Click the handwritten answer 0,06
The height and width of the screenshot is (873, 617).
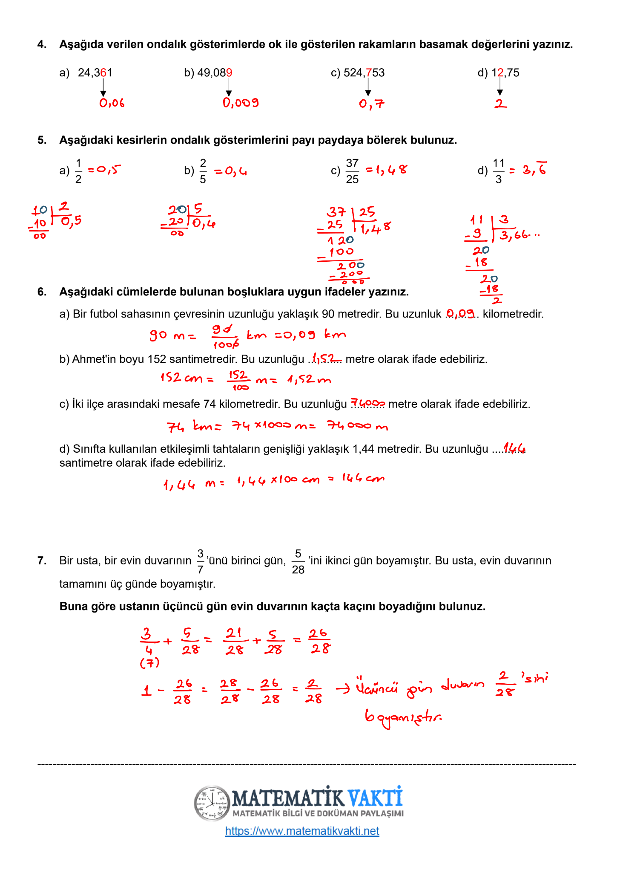(112, 103)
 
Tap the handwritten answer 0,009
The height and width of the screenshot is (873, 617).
(241, 103)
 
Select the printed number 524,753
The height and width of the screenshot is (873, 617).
(364, 73)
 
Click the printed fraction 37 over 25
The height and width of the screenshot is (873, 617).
(352, 171)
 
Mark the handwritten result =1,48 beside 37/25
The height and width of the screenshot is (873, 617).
(386, 170)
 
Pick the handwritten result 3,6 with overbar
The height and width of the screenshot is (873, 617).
(534, 169)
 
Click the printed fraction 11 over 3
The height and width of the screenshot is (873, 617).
(499, 171)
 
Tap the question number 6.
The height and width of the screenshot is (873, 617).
(42, 292)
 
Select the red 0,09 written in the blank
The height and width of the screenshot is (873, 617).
(460, 314)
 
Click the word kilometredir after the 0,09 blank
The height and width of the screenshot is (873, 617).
(513, 314)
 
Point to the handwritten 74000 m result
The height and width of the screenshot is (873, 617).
(357, 425)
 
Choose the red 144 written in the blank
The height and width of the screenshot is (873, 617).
(514, 448)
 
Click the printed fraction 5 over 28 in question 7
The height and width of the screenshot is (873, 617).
(298, 561)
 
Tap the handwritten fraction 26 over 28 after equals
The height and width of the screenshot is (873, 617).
(320, 641)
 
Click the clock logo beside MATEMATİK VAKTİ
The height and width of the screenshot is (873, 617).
(212, 803)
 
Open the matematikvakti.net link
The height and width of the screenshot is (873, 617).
(302, 831)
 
